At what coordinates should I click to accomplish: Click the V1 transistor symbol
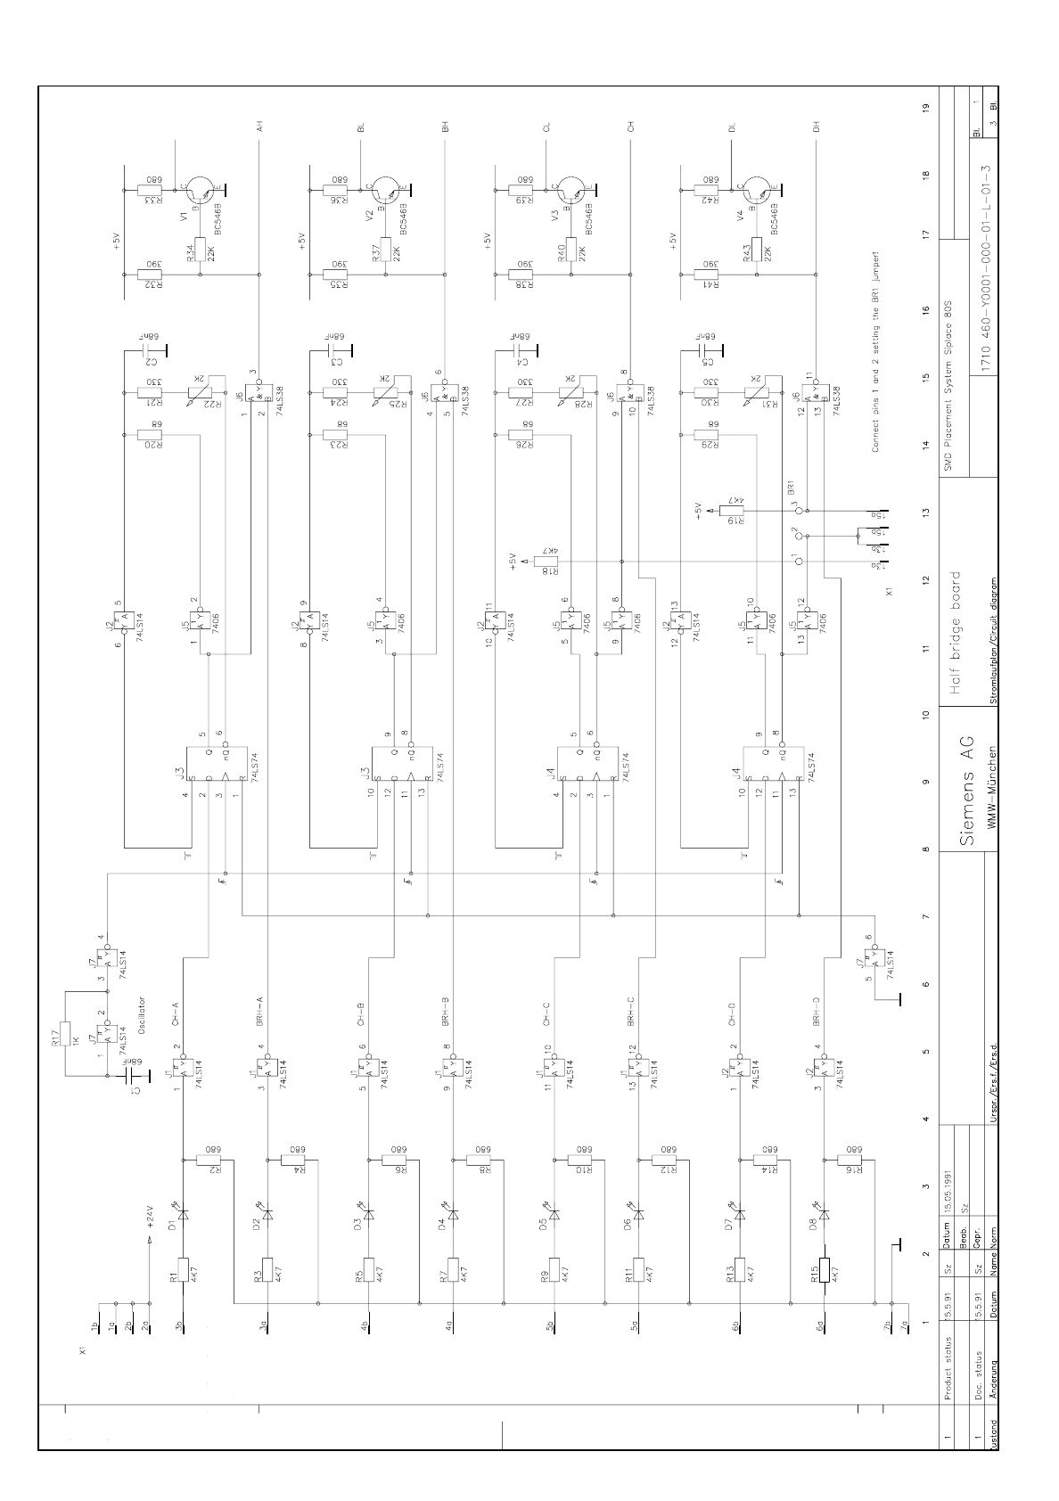point(201,190)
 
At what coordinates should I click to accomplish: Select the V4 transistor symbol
point(759,190)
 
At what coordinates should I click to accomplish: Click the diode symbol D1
point(183,1213)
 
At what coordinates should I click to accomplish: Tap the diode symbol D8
point(824,1213)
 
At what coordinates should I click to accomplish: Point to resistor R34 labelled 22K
point(199,250)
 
